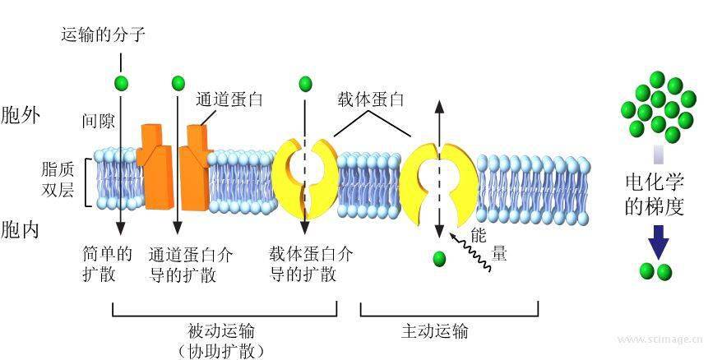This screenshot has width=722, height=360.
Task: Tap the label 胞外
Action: pyautogui.click(x=21, y=114)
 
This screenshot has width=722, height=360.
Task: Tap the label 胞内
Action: pyautogui.click(x=21, y=228)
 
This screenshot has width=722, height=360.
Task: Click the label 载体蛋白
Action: pyautogui.click(x=371, y=100)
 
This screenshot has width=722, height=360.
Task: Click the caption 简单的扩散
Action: pyautogui.click(x=107, y=264)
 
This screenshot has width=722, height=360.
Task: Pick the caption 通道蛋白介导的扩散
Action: pyautogui.click(x=191, y=264)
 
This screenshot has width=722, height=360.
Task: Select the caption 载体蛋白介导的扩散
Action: pyautogui.click(x=312, y=264)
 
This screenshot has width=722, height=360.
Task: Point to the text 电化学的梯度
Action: pyautogui.click(x=655, y=194)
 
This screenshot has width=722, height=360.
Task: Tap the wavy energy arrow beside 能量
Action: pyautogui.click(x=474, y=251)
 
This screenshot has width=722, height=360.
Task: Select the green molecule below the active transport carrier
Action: pyautogui.click(x=439, y=259)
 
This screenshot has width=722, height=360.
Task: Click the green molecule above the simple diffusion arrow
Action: pyautogui.click(x=122, y=83)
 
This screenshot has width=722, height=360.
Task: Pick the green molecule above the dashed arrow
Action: pyautogui.click(x=306, y=83)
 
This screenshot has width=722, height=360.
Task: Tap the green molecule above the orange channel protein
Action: pyautogui.click(x=178, y=83)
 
